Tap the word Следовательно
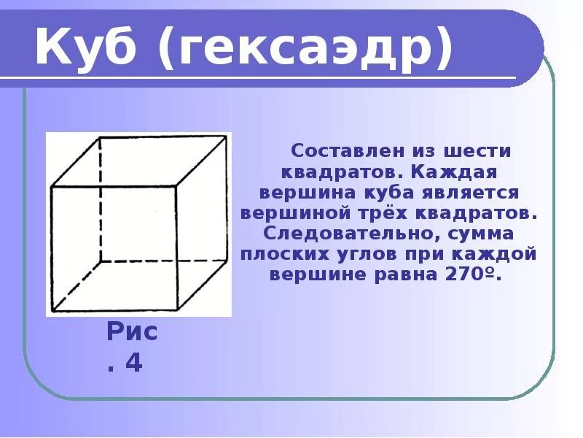point(350,234)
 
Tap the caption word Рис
point(132,332)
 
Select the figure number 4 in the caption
point(133,363)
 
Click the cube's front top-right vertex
point(177,186)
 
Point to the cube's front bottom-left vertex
point(51,312)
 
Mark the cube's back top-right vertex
point(227,137)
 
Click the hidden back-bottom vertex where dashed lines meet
point(100,261)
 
